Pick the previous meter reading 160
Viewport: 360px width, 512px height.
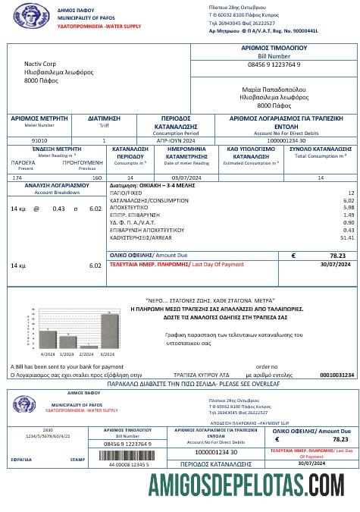(97, 177)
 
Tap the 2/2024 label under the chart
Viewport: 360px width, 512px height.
(86, 353)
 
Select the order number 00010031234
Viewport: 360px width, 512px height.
(337, 375)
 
